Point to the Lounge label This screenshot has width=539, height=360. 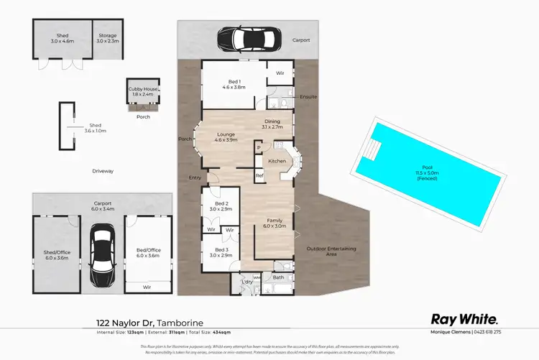[225, 137]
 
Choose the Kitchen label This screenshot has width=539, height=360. [277, 161]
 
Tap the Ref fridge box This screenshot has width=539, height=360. [259, 175]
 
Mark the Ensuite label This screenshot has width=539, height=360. [309, 96]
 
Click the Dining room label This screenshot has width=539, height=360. [272, 124]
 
